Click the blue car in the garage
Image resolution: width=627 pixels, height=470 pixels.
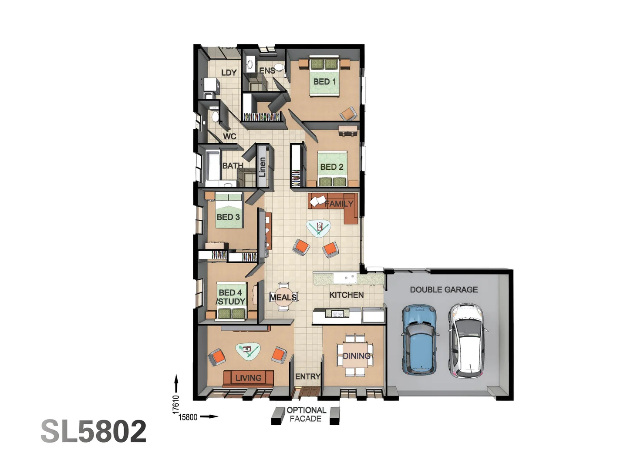tap(420, 339)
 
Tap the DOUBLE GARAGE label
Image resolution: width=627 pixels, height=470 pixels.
tap(444, 289)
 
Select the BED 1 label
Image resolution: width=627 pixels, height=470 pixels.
tap(324, 81)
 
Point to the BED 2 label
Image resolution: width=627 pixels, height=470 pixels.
tap(331, 167)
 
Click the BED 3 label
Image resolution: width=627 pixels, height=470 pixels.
tap(228, 217)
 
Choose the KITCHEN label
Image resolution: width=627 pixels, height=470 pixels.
tap(346, 295)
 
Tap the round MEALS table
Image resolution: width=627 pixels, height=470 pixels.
tap(283, 297)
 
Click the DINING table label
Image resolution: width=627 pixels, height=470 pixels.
tap(356, 356)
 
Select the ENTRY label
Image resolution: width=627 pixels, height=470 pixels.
tap(307, 376)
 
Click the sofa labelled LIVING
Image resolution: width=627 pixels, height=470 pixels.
tap(248, 378)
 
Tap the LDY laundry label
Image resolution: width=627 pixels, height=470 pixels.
tap(229, 72)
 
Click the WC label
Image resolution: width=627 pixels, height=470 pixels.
tap(229, 136)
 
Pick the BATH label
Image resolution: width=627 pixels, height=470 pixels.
tap(233, 165)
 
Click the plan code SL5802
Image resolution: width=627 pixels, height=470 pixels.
tap(94, 431)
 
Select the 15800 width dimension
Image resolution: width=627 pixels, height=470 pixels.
tap(188, 417)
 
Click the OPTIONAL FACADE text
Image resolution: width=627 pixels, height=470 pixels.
tap(306, 414)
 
